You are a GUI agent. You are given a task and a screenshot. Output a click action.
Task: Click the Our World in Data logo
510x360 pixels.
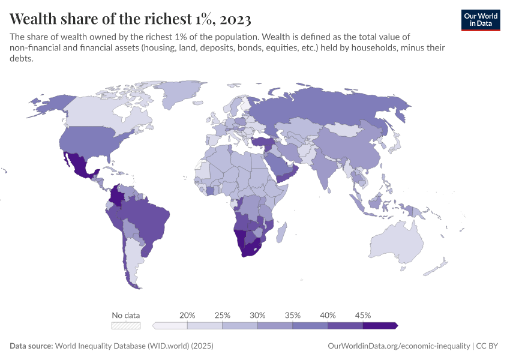pyautogui.click(x=480, y=20)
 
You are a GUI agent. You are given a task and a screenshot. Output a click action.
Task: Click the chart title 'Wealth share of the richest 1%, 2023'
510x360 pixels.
pyautogui.click(x=131, y=19)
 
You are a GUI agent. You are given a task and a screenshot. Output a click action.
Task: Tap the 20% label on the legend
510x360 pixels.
pyautogui.click(x=187, y=315)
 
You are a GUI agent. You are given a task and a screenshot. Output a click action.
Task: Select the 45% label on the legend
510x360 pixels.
pyautogui.click(x=362, y=315)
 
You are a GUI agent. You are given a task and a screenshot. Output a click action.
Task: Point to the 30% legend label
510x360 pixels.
pyautogui.click(x=257, y=315)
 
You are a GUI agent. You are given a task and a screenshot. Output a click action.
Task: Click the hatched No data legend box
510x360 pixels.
pyautogui.click(x=126, y=325)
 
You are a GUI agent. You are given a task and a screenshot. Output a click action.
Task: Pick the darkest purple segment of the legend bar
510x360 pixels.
pyautogui.click(x=379, y=325)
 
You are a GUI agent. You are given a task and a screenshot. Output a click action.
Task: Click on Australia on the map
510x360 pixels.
pyautogui.click(x=399, y=240)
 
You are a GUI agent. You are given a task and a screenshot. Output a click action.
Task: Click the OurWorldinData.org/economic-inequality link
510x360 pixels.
pyautogui.click(x=399, y=346)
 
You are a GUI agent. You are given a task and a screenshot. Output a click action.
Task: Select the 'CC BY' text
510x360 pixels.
pyautogui.click(x=488, y=346)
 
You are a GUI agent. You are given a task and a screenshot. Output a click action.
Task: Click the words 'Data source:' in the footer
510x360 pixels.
pyautogui.click(x=31, y=346)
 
